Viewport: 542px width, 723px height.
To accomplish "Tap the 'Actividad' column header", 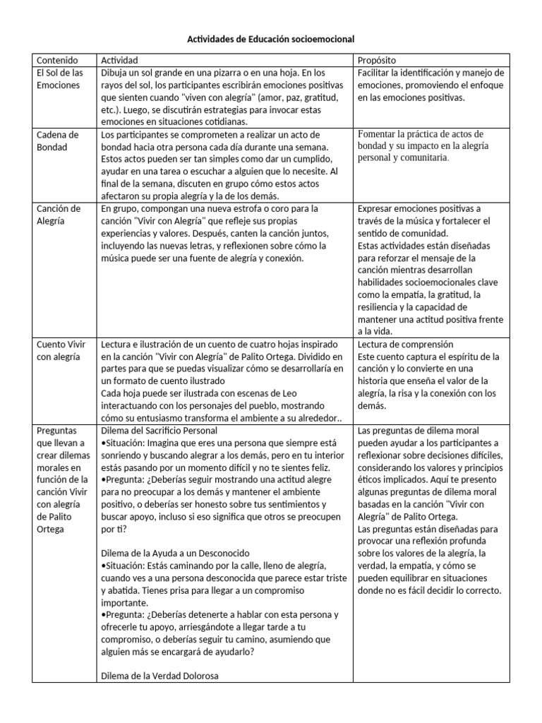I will pyautogui.click(x=120, y=61).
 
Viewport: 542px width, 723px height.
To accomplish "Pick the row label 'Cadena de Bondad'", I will pyautogui.click(x=57, y=141).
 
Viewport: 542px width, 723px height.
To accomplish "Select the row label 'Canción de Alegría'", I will pyautogui.click(x=57, y=215).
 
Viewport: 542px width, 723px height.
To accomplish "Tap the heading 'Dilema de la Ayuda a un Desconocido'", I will pyautogui.click(x=175, y=552).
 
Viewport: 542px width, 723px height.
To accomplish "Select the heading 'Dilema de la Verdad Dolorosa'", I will pyautogui.click(x=159, y=675).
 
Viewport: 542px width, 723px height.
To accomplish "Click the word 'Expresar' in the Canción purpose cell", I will pyautogui.click(x=377, y=209).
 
